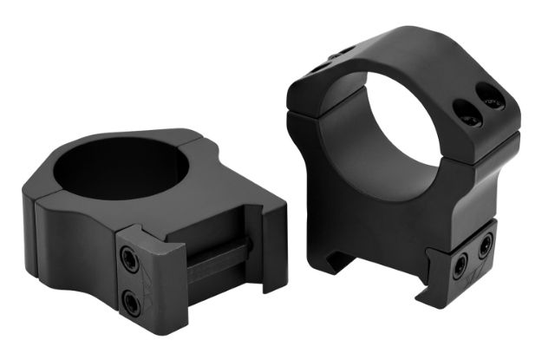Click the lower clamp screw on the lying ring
[130, 301]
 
